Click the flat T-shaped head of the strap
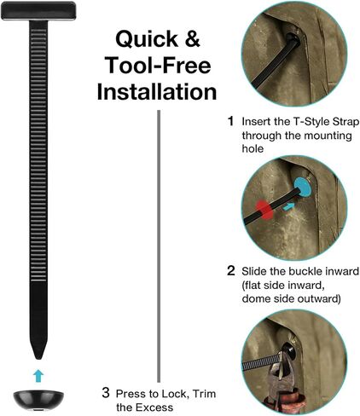[38, 11]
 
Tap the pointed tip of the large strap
[38, 359]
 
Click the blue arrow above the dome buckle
[38, 376]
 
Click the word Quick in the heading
[147, 39]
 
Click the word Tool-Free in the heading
[158, 65]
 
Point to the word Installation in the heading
[157, 91]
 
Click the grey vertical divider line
[159, 246]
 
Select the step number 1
[231, 121]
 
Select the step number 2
[231, 271]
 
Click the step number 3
[106, 393]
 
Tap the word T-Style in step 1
[311, 122]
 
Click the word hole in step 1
[253, 148]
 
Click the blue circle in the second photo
[303, 187]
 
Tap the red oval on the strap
[264, 210]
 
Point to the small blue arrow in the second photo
[288, 206]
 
